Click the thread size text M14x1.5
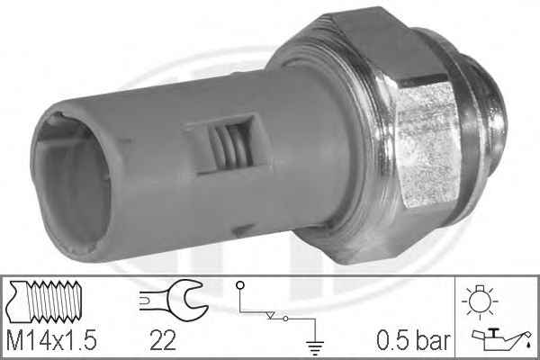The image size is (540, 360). click(51, 340)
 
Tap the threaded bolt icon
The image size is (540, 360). click(45, 301)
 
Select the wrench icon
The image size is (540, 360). click(174, 300)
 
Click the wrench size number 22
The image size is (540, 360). click(163, 340)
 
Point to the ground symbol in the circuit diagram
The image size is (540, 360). click(315, 347)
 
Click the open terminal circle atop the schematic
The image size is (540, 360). click(240, 285)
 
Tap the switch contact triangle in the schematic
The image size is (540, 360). click(271, 315)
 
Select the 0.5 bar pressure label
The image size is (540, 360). click(413, 340)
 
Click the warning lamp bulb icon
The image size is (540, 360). click(480, 301)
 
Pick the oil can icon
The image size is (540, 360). click(501, 339)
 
